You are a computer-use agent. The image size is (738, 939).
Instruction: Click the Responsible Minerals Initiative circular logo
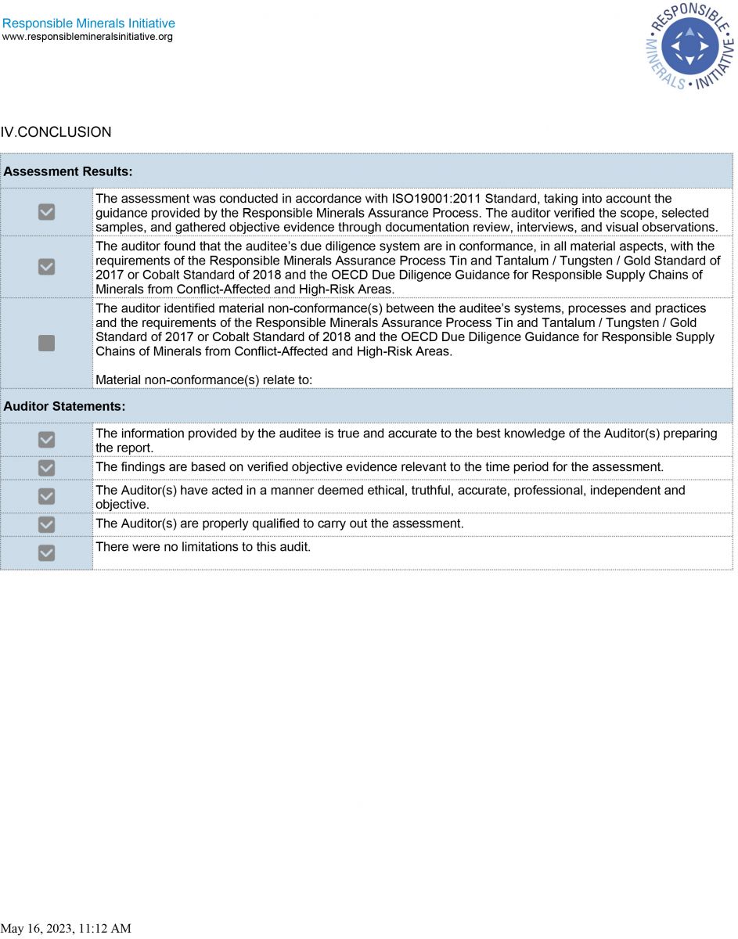pos(689,46)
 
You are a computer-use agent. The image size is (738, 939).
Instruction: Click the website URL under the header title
pos(88,37)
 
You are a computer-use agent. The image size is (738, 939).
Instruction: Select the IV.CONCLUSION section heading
pos(56,132)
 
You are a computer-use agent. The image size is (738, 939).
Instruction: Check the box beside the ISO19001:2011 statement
pos(47,212)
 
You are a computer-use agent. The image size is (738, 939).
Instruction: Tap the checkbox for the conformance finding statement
pos(47,267)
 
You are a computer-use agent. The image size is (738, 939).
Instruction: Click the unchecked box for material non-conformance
pos(47,343)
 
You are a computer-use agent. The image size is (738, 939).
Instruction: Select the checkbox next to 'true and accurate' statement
pos(47,440)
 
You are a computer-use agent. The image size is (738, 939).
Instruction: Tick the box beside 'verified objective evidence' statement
pos(47,468)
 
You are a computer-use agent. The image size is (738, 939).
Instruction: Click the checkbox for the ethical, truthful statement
pos(47,496)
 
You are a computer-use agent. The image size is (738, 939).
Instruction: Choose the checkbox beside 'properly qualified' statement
pos(47,524)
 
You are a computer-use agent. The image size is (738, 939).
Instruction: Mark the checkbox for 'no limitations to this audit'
pos(47,552)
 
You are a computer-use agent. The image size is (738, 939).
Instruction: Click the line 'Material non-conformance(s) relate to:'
pos(203,380)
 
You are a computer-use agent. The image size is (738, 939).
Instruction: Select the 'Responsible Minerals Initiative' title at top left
pos(89,23)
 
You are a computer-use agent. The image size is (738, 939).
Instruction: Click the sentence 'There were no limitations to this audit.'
pos(203,546)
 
